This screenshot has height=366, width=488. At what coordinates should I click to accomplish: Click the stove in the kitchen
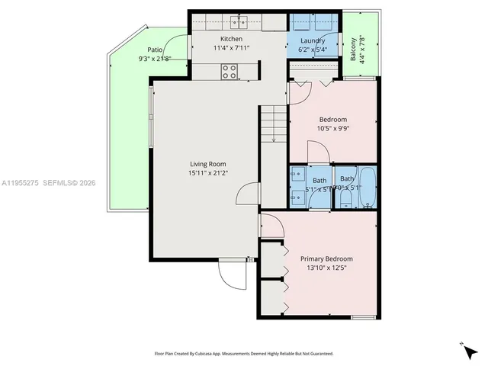[x=229, y=72]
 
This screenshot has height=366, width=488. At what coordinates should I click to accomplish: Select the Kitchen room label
[x=231, y=39]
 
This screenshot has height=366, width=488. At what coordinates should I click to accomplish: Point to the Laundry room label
[x=313, y=40]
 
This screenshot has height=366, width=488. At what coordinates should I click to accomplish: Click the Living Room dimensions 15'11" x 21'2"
[x=207, y=173]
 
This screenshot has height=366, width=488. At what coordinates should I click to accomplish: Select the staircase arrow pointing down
[x=273, y=137]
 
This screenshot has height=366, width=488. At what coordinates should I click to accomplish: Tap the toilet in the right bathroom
[x=345, y=198]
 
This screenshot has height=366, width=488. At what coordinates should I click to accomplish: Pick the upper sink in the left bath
[x=297, y=175]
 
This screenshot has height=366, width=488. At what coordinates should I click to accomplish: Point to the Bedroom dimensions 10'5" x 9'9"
[x=332, y=129]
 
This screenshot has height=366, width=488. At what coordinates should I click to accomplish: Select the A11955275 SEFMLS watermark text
[x=48, y=183]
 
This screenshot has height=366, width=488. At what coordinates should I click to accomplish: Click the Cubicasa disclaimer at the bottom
[x=244, y=353]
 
